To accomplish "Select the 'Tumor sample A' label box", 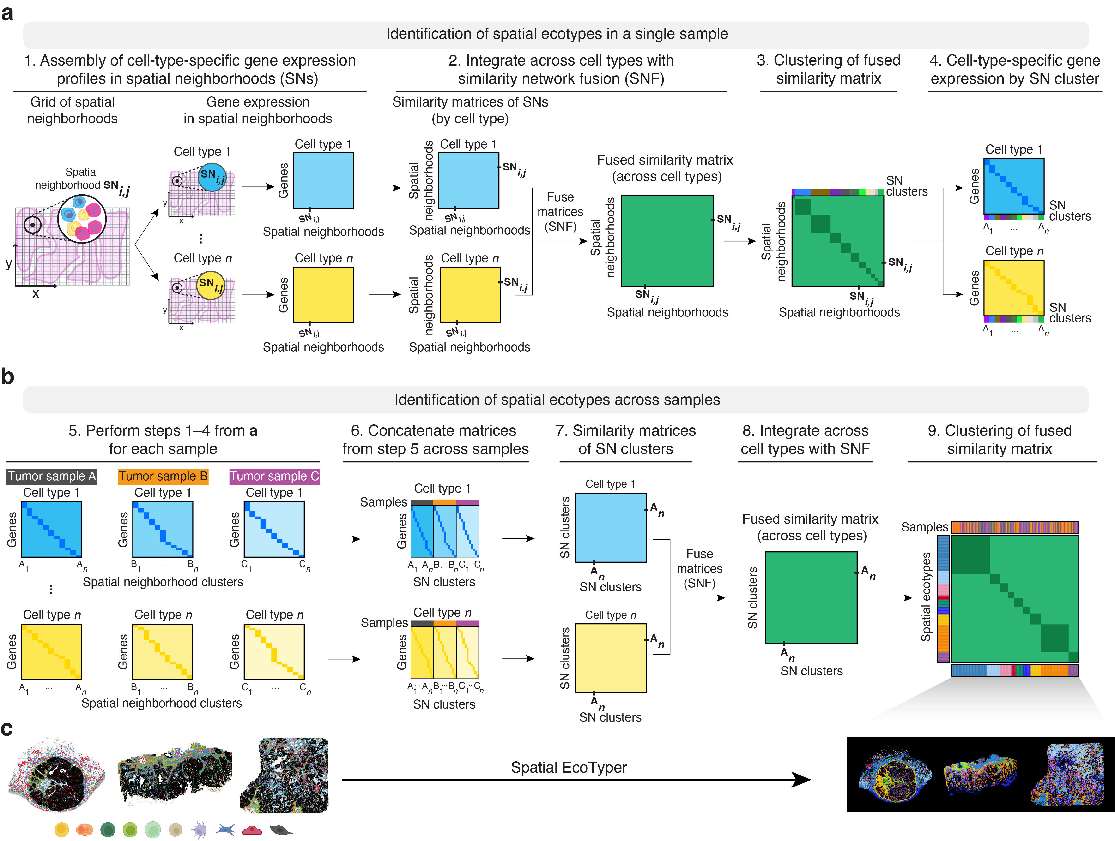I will [51, 476].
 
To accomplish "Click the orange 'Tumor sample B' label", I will [163, 476].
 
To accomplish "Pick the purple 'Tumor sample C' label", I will [274, 476].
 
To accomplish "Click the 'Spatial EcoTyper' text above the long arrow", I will [569, 767].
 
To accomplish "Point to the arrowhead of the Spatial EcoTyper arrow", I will [801, 780].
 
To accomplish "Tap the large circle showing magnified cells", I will [82, 219].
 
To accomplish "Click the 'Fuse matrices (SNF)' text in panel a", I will [560, 212].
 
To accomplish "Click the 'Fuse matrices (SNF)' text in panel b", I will [699, 568].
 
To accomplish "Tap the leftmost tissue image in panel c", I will [56, 776].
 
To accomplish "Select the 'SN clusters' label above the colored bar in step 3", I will [906, 186].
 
